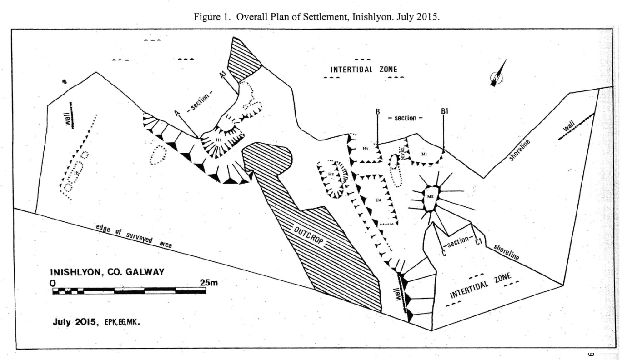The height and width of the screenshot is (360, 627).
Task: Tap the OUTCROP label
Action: [x=309, y=235]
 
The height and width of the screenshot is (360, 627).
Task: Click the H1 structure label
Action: [x=219, y=140]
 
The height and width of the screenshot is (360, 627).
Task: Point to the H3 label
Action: [x=365, y=149]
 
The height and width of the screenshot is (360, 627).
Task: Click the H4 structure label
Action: [x=378, y=200]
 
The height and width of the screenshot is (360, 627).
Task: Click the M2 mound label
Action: [x=430, y=196]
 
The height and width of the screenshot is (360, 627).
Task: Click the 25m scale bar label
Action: [x=209, y=283]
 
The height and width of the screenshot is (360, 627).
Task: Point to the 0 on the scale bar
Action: [x=53, y=283]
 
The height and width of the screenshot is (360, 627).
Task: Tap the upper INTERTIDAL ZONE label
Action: [x=364, y=70]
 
